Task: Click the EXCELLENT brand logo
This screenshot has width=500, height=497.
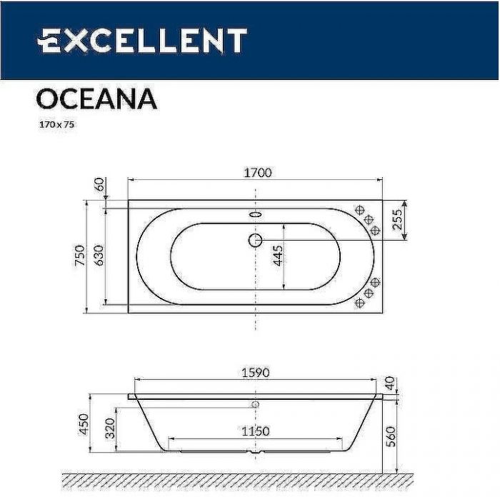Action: coord(142,41)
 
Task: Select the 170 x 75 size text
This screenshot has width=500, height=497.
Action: coord(56,124)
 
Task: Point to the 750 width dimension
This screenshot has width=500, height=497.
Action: coord(79,256)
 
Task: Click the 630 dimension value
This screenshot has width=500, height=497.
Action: coord(99,256)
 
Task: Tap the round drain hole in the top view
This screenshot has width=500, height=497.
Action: coord(255,240)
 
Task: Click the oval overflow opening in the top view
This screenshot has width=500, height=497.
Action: coord(256,213)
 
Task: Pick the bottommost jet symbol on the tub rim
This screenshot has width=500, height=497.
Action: coord(361,303)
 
